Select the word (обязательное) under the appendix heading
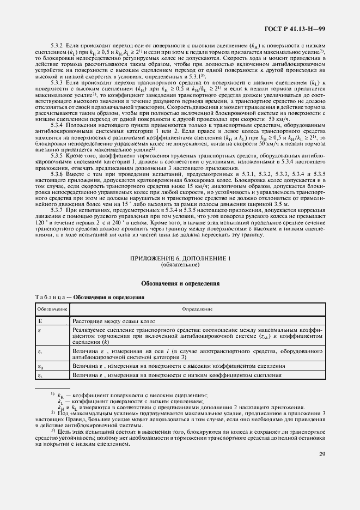[180, 264]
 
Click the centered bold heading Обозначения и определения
[180, 283]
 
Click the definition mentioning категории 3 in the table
[197, 354]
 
